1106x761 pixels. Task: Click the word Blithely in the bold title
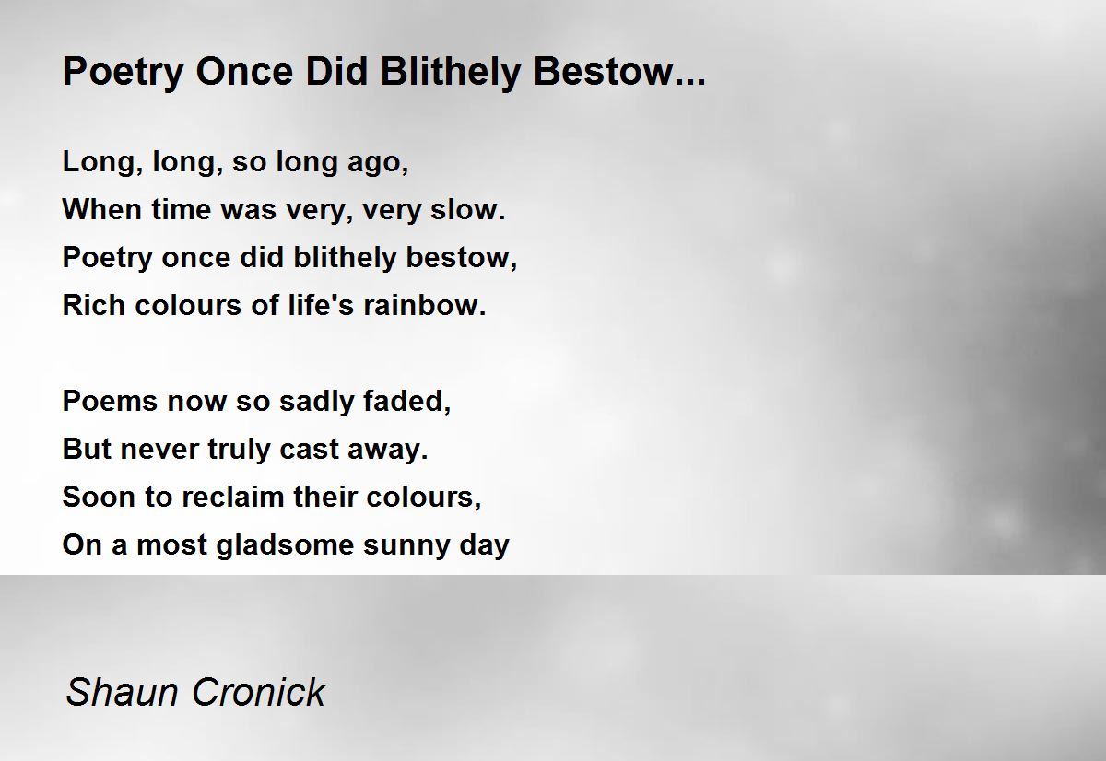point(451,73)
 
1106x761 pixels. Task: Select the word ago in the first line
point(378,164)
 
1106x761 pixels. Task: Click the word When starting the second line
point(102,209)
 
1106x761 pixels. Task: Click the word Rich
point(94,305)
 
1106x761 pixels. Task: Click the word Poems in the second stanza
point(110,401)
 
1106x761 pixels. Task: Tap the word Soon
point(99,497)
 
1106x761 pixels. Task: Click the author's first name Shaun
point(122,692)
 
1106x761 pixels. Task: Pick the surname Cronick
point(259,692)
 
